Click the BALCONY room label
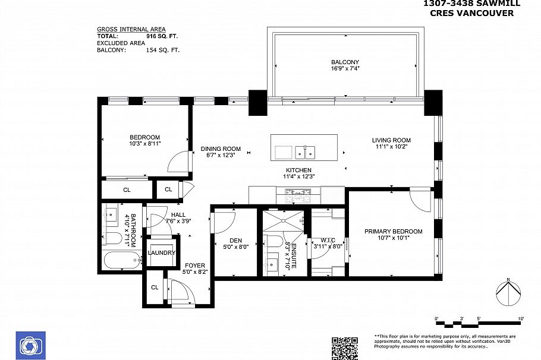[345, 62]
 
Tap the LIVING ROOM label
[391, 141]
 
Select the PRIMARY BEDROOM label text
[393, 232]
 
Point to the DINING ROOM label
[220, 149]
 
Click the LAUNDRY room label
[162, 253]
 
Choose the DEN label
[235, 241]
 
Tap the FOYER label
[194, 265]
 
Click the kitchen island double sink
[306, 152]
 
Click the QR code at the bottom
[344, 348]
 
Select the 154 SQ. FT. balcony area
[162, 50]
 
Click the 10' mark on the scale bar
[520, 320]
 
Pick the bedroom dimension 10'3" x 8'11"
[144, 144]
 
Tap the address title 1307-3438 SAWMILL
[471, 4]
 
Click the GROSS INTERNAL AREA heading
[131, 29]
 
